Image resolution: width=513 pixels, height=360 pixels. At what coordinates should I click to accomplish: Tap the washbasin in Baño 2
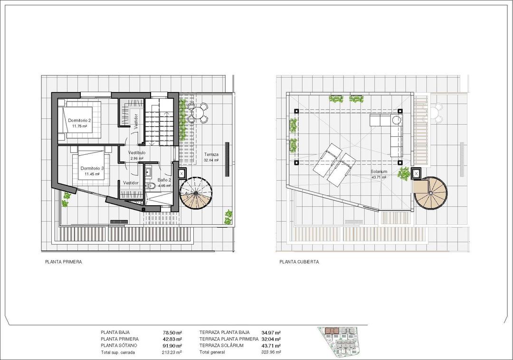coord(148,171)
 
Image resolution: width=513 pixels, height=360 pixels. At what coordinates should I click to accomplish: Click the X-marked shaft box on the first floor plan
coord(182,174)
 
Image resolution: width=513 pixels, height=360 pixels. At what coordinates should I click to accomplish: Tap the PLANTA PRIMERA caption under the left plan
coord(64,262)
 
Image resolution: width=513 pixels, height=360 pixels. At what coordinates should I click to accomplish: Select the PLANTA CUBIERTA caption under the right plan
coord(299,262)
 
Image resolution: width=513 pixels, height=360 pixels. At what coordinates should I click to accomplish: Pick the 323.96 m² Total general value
coord(271,352)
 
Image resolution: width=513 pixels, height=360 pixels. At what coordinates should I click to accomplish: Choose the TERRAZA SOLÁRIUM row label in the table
coord(221,346)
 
